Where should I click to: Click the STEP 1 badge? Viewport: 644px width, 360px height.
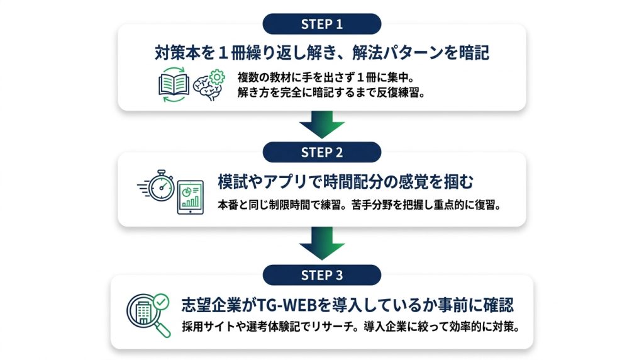click(x=321, y=24)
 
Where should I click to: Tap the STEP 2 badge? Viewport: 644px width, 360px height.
click(x=321, y=152)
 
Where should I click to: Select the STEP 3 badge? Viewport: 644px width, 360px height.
click(x=321, y=275)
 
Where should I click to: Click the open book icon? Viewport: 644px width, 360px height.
click(x=174, y=85)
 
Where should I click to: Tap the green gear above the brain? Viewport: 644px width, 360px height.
click(x=217, y=77)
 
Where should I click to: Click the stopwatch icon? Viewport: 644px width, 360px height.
click(x=158, y=186)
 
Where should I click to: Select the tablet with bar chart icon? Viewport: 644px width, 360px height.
click(x=191, y=197)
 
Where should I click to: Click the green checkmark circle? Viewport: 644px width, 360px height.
click(x=161, y=301)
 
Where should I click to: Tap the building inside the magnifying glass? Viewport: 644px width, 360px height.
click(x=143, y=313)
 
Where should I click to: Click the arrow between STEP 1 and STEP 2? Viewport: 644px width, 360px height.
click(x=321, y=125)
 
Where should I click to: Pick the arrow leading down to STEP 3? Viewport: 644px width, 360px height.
click(x=321, y=244)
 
